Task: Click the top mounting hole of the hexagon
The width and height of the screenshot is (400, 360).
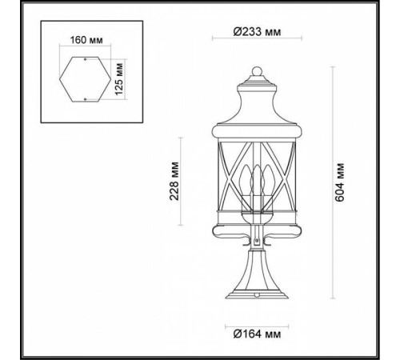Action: [85, 59]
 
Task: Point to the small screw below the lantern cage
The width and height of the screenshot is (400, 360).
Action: [256, 241]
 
